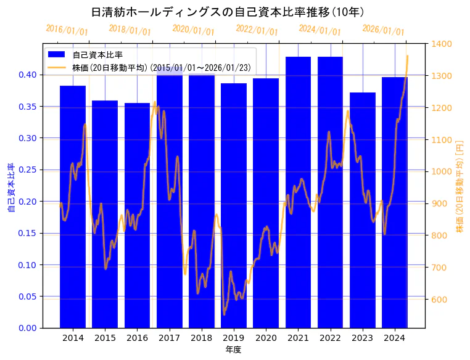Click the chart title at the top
click(x=228, y=12)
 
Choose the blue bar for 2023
click(x=362, y=210)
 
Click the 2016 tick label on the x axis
click(x=137, y=338)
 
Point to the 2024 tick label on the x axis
click(x=394, y=338)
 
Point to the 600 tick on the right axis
click(x=439, y=300)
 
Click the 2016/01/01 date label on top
click(x=67, y=30)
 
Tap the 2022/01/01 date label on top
click(x=257, y=30)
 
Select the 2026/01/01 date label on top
click(x=383, y=30)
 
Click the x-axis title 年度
click(x=233, y=350)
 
